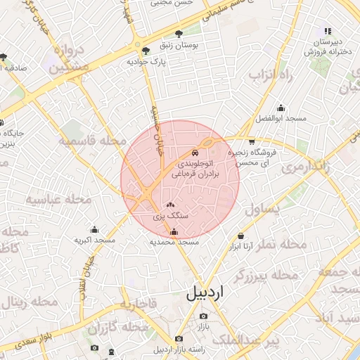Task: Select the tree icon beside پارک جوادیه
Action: point(146,50)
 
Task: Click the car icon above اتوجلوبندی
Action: point(195,153)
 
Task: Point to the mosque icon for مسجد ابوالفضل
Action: point(281,108)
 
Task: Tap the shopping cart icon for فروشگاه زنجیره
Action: point(252,142)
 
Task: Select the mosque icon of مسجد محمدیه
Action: point(174,231)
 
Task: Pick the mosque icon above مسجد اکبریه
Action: point(94,229)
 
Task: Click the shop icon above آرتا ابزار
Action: point(242,236)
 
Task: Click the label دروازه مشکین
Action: point(69,59)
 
